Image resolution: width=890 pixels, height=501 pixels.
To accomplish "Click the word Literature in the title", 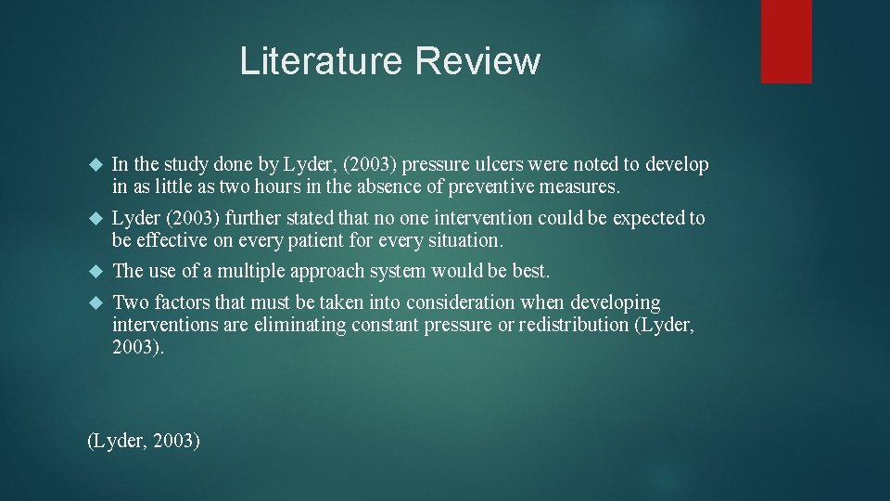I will pyautogui.click(x=322, y=61).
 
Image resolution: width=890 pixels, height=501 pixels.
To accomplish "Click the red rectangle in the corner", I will pyautogui.click(x=786, y=42).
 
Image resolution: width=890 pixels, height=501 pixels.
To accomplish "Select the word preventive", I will pyautogui.click(x=492, y=187).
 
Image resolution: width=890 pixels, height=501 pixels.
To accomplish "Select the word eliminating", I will pyautogui.click(x=260, y=325).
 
